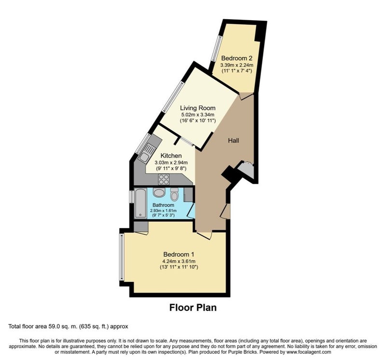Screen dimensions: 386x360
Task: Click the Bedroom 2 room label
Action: pos(237,58)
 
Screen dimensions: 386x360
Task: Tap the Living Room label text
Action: pos(198,108)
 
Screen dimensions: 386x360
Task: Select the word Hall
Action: pos(234,141)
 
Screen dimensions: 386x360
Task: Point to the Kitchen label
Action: pos(171,156)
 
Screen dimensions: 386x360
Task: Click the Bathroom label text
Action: pos(163,205)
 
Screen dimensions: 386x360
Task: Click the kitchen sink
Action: pos(147,152)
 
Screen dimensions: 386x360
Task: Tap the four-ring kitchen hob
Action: pos(164,179)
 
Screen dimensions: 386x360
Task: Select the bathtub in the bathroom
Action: pos(140,203)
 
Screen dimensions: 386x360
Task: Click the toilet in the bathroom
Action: pos(174,195)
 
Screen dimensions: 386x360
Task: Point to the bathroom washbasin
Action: pos(158,192)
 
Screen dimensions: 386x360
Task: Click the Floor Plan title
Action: pos(193,307)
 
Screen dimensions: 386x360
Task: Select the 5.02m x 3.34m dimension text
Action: pos(198,115)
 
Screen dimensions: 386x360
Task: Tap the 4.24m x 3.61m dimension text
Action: pos(179,261)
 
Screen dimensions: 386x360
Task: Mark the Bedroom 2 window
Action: pos(217,49)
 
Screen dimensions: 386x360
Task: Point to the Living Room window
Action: pos(173,97)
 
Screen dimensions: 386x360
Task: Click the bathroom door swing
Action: pos(191,211)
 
